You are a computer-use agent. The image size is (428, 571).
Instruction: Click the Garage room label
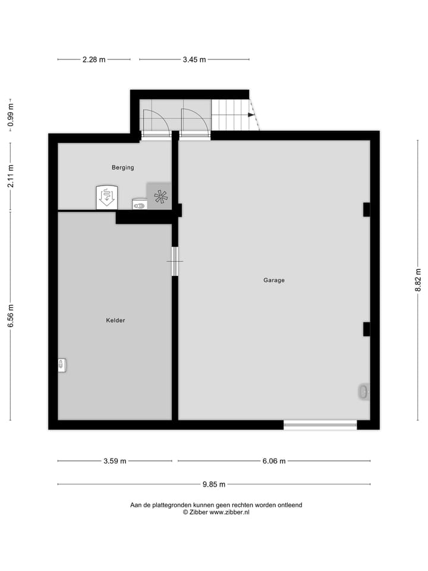click(274, 280)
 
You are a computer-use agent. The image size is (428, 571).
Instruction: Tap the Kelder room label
click(115, 321)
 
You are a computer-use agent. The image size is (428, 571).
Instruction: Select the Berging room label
click(122, 168)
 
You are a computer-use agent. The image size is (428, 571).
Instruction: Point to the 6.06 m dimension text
click(273, 461)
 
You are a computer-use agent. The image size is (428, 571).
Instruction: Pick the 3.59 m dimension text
click(115, 461)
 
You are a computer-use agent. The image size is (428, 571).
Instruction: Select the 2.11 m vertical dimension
click(10, 177)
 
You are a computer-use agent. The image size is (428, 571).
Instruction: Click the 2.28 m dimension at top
click(94, 59)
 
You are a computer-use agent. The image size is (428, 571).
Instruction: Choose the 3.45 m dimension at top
click(194, 59)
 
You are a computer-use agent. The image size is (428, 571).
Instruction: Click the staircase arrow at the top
click(251, 115)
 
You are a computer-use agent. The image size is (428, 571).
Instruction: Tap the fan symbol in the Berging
click(160, 197)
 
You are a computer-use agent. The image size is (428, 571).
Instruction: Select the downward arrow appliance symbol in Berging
click(107, 196)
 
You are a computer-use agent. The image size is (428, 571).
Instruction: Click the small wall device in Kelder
click(61, 365)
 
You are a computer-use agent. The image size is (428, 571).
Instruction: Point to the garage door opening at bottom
click(320, 425)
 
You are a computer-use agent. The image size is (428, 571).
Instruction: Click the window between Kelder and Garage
click(175, 261)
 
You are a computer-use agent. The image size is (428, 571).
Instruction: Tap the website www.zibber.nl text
click(229, 512)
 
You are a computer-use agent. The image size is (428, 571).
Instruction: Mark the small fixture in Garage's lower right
click(363, 391)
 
